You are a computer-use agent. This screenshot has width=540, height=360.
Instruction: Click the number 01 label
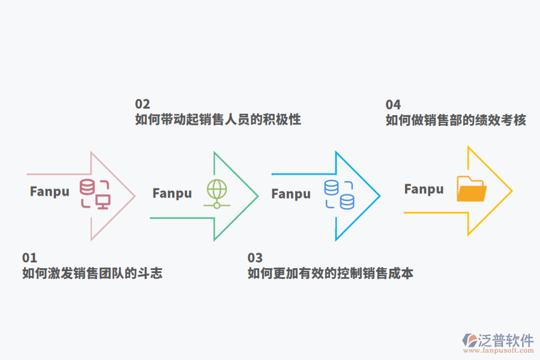point(29,258)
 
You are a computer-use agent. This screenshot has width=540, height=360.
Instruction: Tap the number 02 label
point(142,104)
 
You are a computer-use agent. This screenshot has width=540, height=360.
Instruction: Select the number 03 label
point(255,258)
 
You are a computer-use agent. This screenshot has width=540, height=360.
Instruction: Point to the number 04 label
point(393,104)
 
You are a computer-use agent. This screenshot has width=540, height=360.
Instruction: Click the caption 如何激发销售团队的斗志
point(92,274)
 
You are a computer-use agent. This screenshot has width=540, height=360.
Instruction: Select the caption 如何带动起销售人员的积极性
point(218,119)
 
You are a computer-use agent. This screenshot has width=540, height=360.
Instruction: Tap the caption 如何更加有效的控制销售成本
point(331,274)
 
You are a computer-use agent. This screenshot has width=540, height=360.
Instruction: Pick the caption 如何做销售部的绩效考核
point(456,120)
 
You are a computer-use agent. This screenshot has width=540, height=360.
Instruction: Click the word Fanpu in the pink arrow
point(50,191)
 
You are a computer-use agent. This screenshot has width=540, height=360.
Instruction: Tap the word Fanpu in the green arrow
point(172,193)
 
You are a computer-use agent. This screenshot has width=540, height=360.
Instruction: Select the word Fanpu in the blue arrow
point(291,194)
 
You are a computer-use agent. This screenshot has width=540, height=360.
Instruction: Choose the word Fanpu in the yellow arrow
point(424,189)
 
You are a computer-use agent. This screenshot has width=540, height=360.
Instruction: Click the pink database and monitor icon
point(95,194)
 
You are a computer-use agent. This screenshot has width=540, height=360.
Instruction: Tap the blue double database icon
point(339,194)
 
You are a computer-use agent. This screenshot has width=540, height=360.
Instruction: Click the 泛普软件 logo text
point(505,341)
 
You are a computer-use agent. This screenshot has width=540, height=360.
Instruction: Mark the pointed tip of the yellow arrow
point(511,191)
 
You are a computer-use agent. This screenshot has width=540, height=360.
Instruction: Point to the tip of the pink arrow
point(134,196)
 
